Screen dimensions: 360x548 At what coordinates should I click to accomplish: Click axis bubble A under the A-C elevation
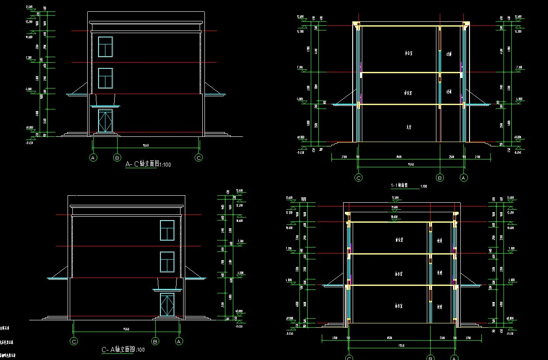(93, 158)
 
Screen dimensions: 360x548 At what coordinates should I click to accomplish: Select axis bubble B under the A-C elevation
(117, 158)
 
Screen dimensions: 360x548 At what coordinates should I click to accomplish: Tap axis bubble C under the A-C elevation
(199, 158)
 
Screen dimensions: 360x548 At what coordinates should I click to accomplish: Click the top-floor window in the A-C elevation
(106, 47)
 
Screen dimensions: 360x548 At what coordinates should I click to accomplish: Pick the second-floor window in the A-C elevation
(106, 78)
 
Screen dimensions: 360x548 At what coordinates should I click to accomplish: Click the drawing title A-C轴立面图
(142, 164)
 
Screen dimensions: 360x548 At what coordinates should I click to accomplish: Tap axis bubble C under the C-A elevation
(74, 341)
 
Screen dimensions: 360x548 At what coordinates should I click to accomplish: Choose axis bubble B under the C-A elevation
(155, 341)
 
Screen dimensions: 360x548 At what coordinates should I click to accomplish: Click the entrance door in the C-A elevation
(167, 305)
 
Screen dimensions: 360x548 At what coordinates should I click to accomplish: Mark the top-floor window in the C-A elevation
(167, 230)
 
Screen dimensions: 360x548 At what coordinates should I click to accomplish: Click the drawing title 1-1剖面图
(399, 185)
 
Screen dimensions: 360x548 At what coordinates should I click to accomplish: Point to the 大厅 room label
(409, 128)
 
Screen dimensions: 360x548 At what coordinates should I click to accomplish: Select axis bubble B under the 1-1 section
(440, 177)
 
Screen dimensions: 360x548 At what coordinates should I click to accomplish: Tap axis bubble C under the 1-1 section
(359, 177)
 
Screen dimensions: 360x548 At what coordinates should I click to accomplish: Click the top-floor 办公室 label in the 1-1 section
(408, 54)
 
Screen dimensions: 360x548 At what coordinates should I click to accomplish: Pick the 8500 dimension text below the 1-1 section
(398, 156)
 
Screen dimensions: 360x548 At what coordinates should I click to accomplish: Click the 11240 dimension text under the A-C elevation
(146, 146)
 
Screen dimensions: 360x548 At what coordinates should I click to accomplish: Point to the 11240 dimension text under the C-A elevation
(127, 329)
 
